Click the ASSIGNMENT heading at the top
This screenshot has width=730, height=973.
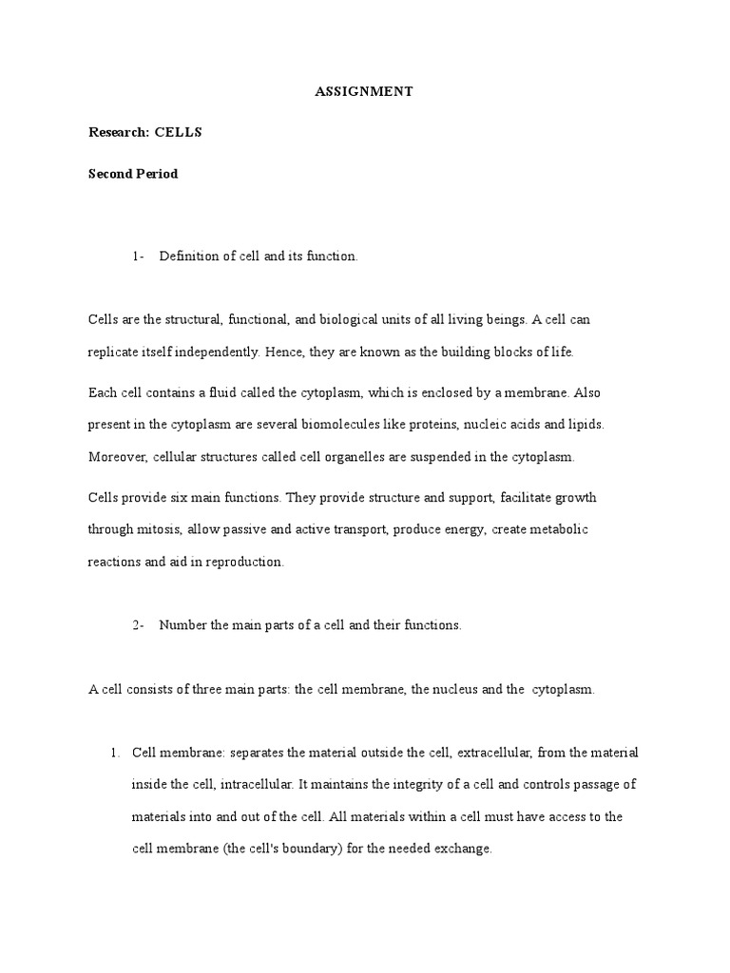pos(365,92)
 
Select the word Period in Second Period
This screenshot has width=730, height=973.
pos(156,174)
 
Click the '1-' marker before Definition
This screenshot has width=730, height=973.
pos(139,258)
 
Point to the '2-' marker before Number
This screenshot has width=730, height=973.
pos(139,624)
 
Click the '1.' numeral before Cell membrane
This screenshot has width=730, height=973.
pos(114,753)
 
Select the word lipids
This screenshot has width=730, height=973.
pos(584,425)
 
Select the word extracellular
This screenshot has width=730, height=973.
pos(495,753)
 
